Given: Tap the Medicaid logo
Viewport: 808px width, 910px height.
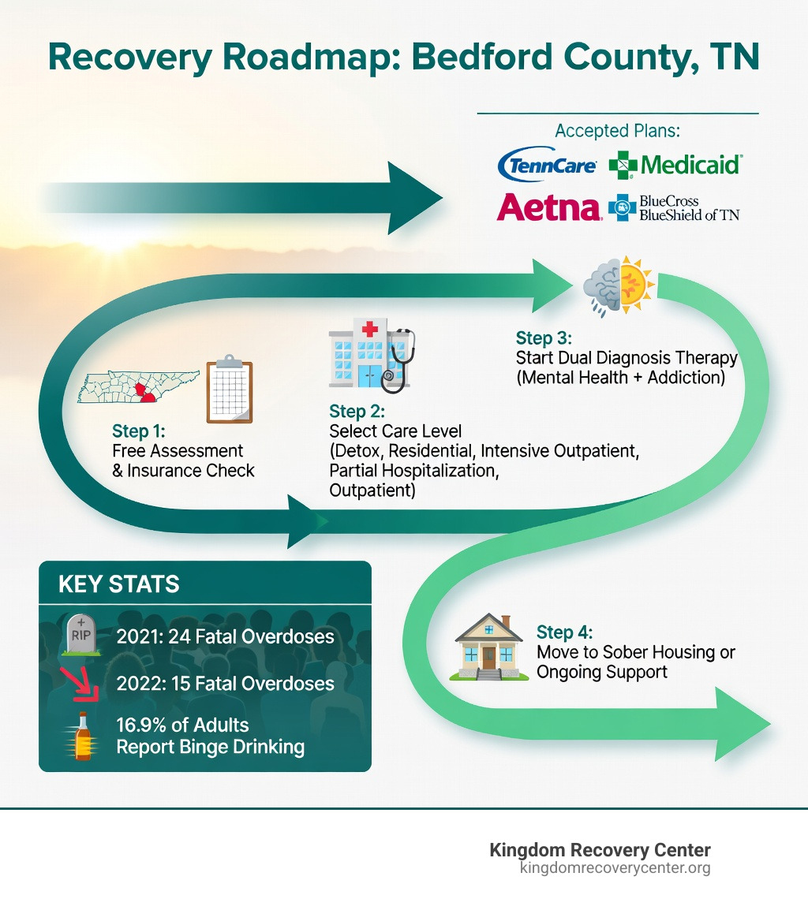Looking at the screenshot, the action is click(x=675, y=165).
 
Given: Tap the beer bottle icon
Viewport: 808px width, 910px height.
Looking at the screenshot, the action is click(x=82, y=736).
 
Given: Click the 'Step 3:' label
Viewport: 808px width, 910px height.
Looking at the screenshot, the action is click(x=543, y=338).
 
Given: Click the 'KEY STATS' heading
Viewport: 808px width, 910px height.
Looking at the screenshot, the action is click(x=119, y=584).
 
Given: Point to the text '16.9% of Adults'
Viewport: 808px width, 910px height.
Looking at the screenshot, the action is click(x=182, y=725).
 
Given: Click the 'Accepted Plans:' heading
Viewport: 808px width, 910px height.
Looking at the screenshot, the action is click(x=618, y=130).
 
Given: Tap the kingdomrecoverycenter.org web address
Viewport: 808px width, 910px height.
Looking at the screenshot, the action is click(x=615, y=868).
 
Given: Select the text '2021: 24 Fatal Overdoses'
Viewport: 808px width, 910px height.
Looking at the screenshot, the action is click(x=225, y=636).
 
